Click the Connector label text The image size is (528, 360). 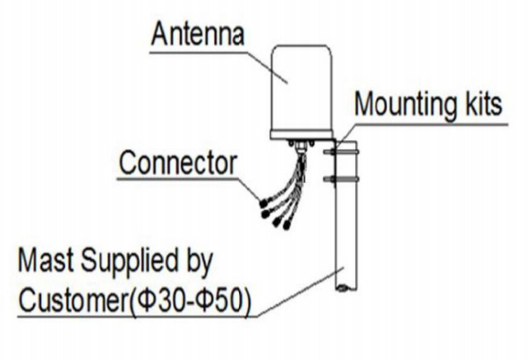(178, 162)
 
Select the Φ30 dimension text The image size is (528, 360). (158, 300)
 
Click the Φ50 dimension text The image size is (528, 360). (219, 300)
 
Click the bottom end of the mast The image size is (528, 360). (346, 288)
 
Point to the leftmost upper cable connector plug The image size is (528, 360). (263, 203)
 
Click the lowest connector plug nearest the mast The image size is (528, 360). (287, 225)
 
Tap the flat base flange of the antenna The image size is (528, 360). (301, 136)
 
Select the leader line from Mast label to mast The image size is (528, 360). (301, 292)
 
